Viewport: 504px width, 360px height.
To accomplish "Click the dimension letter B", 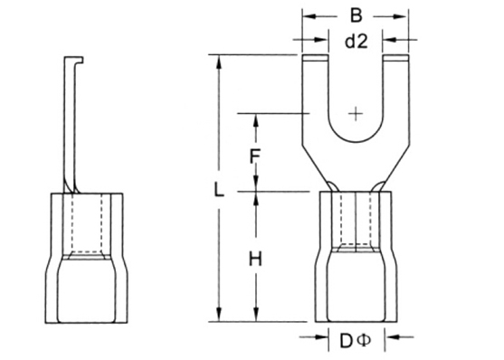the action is click(356, 15).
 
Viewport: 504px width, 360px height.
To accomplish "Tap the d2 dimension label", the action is click(356, 41).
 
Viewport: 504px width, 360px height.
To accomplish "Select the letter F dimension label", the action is click(255, 156).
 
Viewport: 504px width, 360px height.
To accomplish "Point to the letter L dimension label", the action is click(219, 189).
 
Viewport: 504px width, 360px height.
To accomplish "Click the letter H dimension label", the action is click(255, 260).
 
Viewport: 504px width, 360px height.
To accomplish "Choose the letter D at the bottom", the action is click(347, 341).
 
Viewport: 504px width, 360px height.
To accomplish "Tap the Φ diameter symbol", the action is click(364, 341).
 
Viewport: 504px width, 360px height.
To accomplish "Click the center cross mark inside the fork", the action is click(356, 113).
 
